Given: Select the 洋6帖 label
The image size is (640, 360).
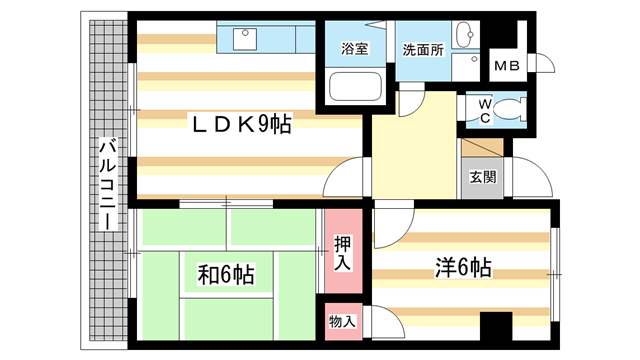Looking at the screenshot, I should pos(461,267).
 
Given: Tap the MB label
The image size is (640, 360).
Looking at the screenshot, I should pos(506,66).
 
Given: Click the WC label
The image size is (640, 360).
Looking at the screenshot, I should pos(484,110).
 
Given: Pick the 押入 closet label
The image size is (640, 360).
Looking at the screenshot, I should pos(342,251).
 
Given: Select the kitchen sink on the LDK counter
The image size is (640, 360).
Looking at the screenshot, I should pos(246,39).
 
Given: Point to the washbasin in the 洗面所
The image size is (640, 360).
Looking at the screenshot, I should pos(465,38).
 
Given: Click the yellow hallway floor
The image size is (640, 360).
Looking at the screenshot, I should pos(412,150).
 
